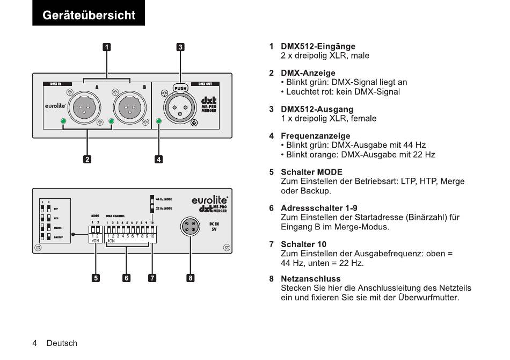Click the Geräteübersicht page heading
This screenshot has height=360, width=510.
coord(89,15)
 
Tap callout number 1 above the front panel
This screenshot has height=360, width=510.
coord(107,47)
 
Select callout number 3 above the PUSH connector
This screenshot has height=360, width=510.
coord(181,47)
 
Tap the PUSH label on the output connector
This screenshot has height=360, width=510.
coord(180,88)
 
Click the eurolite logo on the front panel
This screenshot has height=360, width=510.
coord(55,106)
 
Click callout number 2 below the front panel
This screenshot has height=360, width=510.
coord(87,159)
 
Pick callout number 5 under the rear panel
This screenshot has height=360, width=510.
coord(96,278)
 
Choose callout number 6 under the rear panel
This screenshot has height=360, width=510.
coord(127,278)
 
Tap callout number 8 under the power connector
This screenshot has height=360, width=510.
coord(191,278)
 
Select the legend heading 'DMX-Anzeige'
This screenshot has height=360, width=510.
coord(308,73)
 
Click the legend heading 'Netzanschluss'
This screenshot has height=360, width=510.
coord(311,279)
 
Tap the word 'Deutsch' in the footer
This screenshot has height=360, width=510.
coord(62,343)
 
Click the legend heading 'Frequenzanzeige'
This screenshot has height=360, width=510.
coord(316,136)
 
